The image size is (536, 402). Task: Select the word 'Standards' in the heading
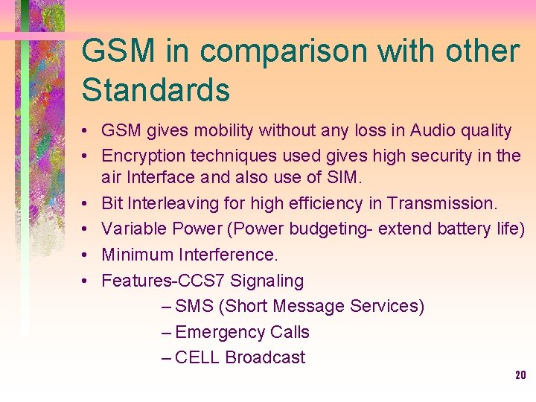tap(156, 90)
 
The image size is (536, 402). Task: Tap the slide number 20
tap(520, 375)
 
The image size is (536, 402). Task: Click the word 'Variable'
tap(131, 228)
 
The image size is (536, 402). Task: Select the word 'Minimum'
tap(138, 255)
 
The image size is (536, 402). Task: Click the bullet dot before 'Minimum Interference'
tap(86, 255)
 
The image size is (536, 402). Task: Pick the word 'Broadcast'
tap(265, 357)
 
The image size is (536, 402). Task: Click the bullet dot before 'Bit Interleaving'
tap(86, 203)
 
